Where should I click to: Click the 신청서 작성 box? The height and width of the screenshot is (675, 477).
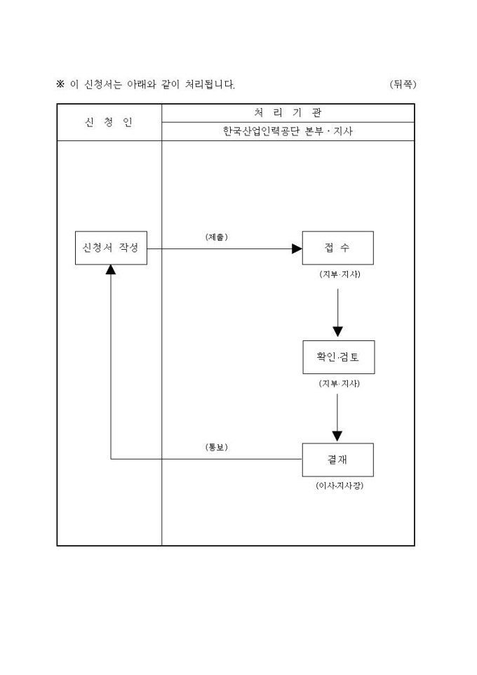tap(111, 248)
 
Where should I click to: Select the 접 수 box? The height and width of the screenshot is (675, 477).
tap(337, 248)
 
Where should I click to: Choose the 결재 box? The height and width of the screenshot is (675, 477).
tap(337, 460)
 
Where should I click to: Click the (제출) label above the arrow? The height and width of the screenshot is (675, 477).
tap(216, 237)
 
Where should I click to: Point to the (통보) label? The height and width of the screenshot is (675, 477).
tap(216, 447)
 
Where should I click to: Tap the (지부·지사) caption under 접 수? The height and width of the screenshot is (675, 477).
tap(339, 274)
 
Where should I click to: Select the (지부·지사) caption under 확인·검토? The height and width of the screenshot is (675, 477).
tap(339, 384)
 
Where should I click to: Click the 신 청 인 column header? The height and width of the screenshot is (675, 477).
tap(109, 122)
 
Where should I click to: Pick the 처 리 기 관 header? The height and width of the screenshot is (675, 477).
tap(288, 112)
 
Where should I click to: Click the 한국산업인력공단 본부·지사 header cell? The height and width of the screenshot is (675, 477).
tap(288, 131)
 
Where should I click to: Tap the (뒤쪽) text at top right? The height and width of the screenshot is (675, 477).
tap(403, 84)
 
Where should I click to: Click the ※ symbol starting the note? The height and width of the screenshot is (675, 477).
tap(60, 84)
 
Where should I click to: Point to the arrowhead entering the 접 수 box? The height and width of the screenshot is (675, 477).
tap(297, 248)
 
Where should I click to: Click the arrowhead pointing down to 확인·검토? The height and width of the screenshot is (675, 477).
tap(337, 331)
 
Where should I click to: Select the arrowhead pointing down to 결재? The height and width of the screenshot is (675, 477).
tap(337, 435)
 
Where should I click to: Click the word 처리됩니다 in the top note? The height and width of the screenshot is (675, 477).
tap(210, 84)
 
